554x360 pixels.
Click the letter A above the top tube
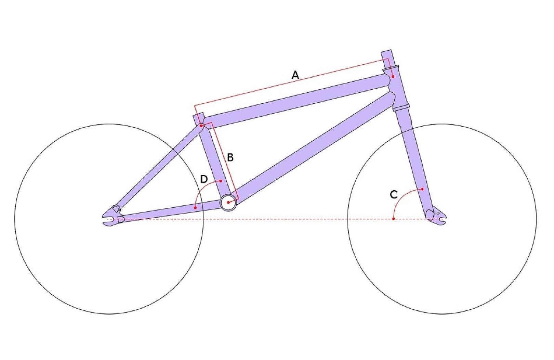295,75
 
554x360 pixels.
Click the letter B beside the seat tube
230,157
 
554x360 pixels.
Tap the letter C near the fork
394,195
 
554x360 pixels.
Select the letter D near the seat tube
204,179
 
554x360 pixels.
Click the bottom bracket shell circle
228,203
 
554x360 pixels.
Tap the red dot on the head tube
393,77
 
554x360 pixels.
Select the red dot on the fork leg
422,189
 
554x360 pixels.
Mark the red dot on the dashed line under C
394,219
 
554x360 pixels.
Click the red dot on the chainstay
195,207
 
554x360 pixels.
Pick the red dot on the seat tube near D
221,181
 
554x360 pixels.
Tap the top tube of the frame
294,101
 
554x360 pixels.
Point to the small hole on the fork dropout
438,213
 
